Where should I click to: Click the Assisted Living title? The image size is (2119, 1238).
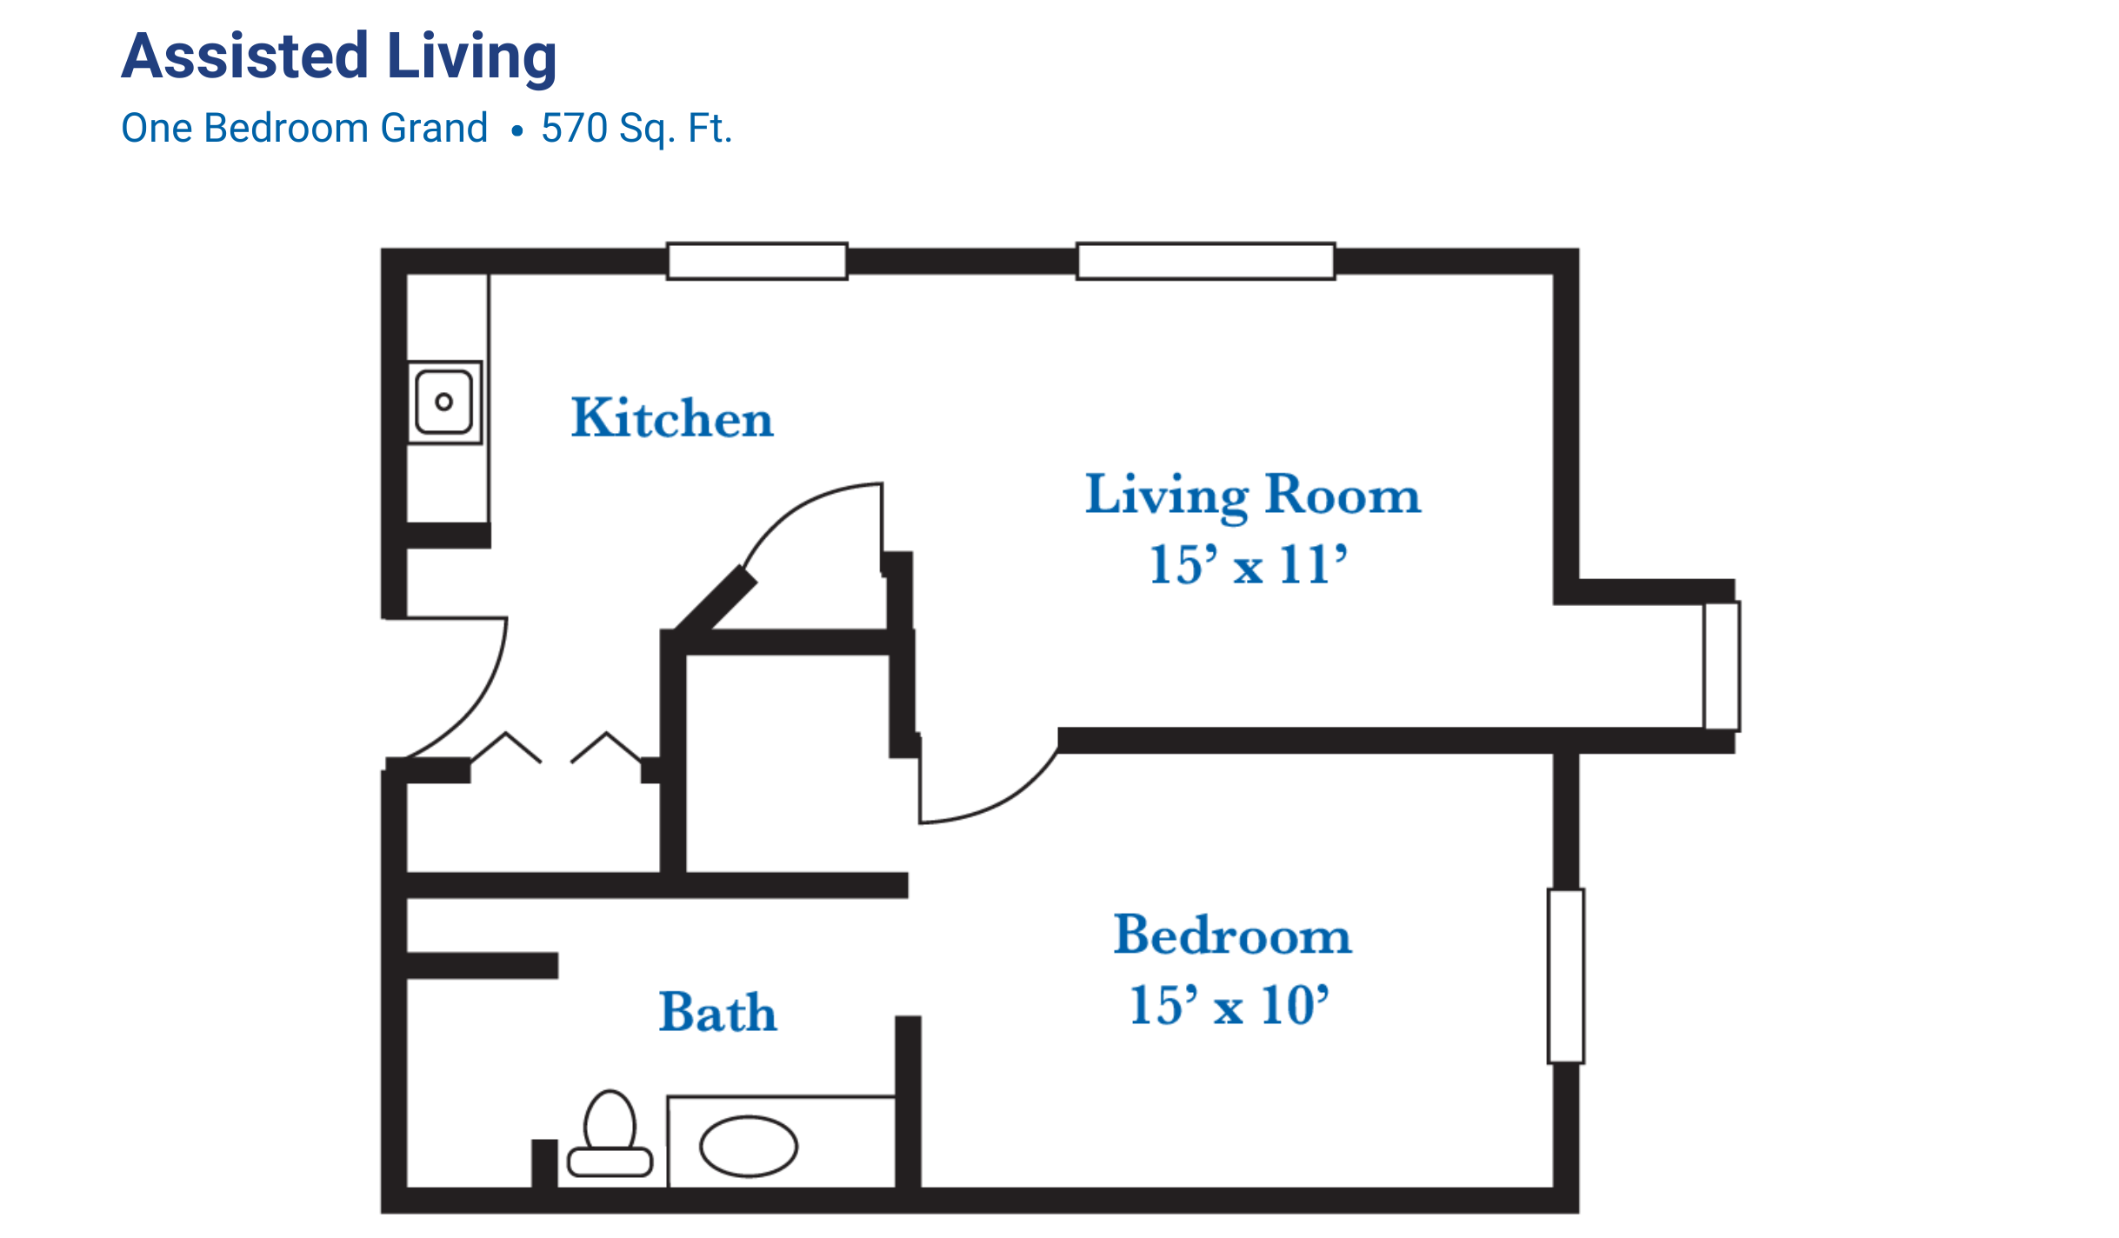339,57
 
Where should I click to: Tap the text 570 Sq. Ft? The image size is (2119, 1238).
636,129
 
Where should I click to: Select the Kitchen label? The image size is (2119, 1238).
672,418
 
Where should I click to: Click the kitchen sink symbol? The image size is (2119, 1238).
444,402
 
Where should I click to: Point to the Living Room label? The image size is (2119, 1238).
1253,496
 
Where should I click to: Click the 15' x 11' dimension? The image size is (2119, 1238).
1249,564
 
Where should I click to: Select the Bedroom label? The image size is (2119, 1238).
1233,935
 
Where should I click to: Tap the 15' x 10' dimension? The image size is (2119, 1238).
1229,1005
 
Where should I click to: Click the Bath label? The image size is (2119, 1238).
718,1012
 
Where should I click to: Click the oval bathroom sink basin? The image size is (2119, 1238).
748,1147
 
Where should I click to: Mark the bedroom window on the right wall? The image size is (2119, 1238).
1566,976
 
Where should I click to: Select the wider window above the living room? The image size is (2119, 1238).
1205,261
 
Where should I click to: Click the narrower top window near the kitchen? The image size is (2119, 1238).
756,261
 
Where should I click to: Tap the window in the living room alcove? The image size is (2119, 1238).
1721,666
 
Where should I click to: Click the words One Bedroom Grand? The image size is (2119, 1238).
304,129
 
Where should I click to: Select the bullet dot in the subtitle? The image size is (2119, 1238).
517,131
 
